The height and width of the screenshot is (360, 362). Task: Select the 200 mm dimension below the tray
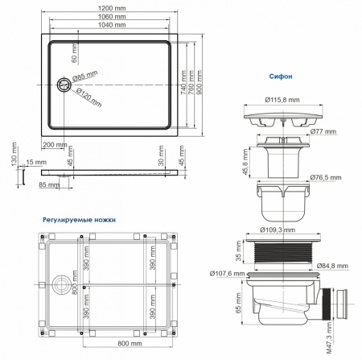54,144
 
